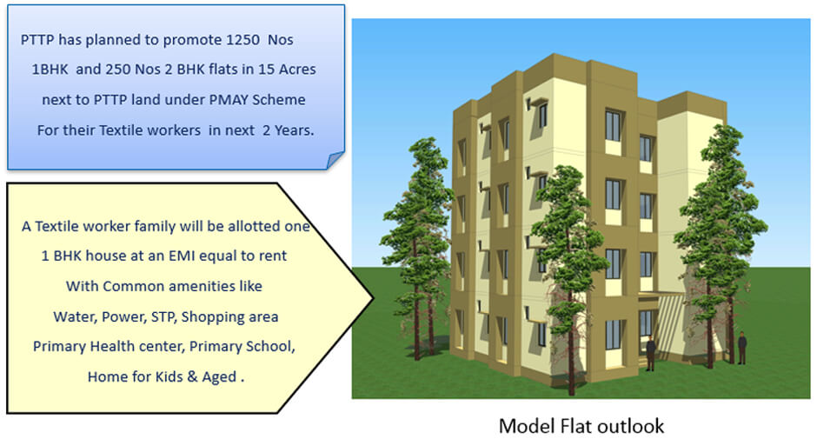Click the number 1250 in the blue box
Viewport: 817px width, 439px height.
click(242, 40)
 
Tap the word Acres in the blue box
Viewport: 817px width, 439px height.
click(297, 70)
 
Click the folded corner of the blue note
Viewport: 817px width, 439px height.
click(335, 160)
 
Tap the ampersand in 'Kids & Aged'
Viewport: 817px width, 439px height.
click(193, 376)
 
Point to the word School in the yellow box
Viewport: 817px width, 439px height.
click(273, 347)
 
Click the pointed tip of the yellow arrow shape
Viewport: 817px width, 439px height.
click(373, 298)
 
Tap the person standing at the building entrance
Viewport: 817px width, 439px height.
click(651, 354)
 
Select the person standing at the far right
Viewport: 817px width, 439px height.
click(742, 349)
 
